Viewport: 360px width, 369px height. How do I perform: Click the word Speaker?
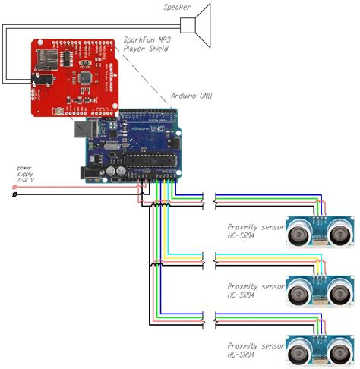click(x=177, y=8)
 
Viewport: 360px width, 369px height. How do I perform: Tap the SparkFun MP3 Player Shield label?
click(x=147, y=43)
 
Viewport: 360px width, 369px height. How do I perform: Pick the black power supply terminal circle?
click(x=16, y=195)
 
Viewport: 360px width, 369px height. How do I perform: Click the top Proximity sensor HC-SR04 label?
click(x=253, y=230)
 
